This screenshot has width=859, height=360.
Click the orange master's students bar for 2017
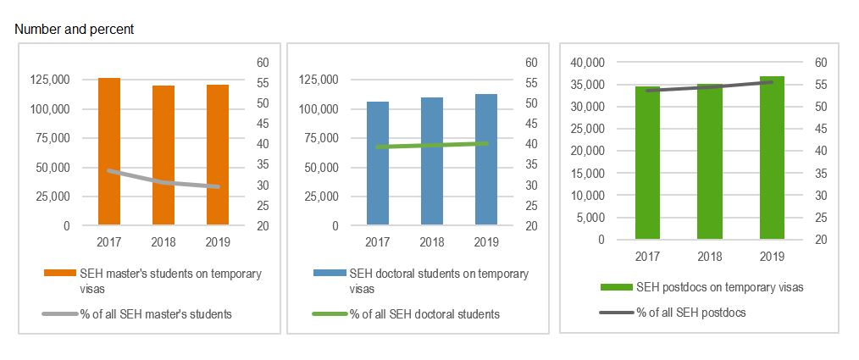109,152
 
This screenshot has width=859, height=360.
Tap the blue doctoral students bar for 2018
432,161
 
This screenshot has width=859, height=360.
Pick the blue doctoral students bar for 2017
378,163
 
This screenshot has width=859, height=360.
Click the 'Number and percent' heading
75,29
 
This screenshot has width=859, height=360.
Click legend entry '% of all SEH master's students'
156,314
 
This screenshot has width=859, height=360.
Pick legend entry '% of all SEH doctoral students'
424,314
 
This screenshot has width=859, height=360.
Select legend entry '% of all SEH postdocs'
690,313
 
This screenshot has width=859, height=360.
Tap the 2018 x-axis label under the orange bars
163,243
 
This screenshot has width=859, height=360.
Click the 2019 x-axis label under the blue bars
486,243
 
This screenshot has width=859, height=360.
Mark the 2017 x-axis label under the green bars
647,256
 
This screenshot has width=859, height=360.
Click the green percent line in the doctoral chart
432,145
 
